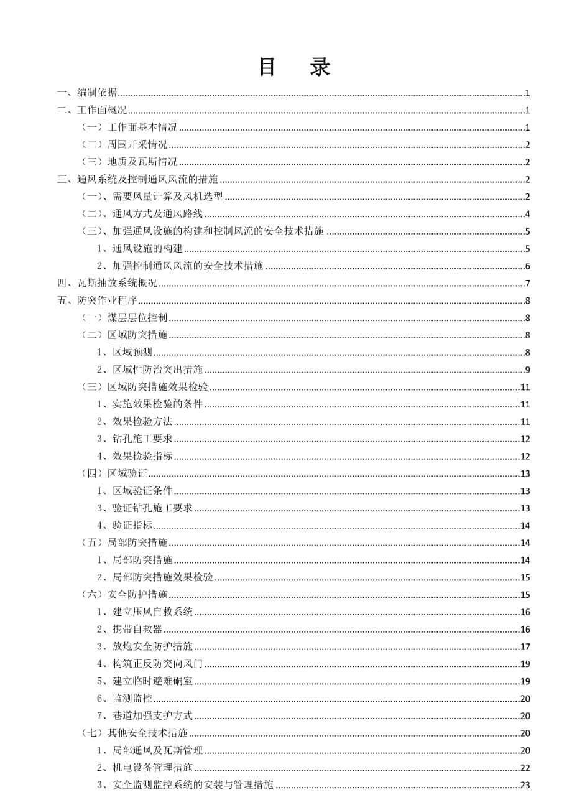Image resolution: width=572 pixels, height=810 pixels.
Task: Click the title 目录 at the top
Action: tap(294, 67)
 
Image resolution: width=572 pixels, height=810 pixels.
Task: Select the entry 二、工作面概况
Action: tap(91, 111)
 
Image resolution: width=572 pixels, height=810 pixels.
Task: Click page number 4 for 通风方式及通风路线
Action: tap(527, 215)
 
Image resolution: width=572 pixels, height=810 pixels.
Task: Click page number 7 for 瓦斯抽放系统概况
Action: tap(527, 284)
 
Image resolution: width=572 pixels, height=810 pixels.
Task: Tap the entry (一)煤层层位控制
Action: tap(124, 318)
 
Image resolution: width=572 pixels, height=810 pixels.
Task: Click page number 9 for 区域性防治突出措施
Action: tap(527, 370)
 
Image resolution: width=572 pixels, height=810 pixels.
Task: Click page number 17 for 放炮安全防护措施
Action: tap(525, 646)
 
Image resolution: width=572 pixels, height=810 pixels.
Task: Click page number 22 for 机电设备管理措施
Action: tap(525, 768)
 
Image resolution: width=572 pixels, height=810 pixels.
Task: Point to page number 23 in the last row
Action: tap(525, 785)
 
